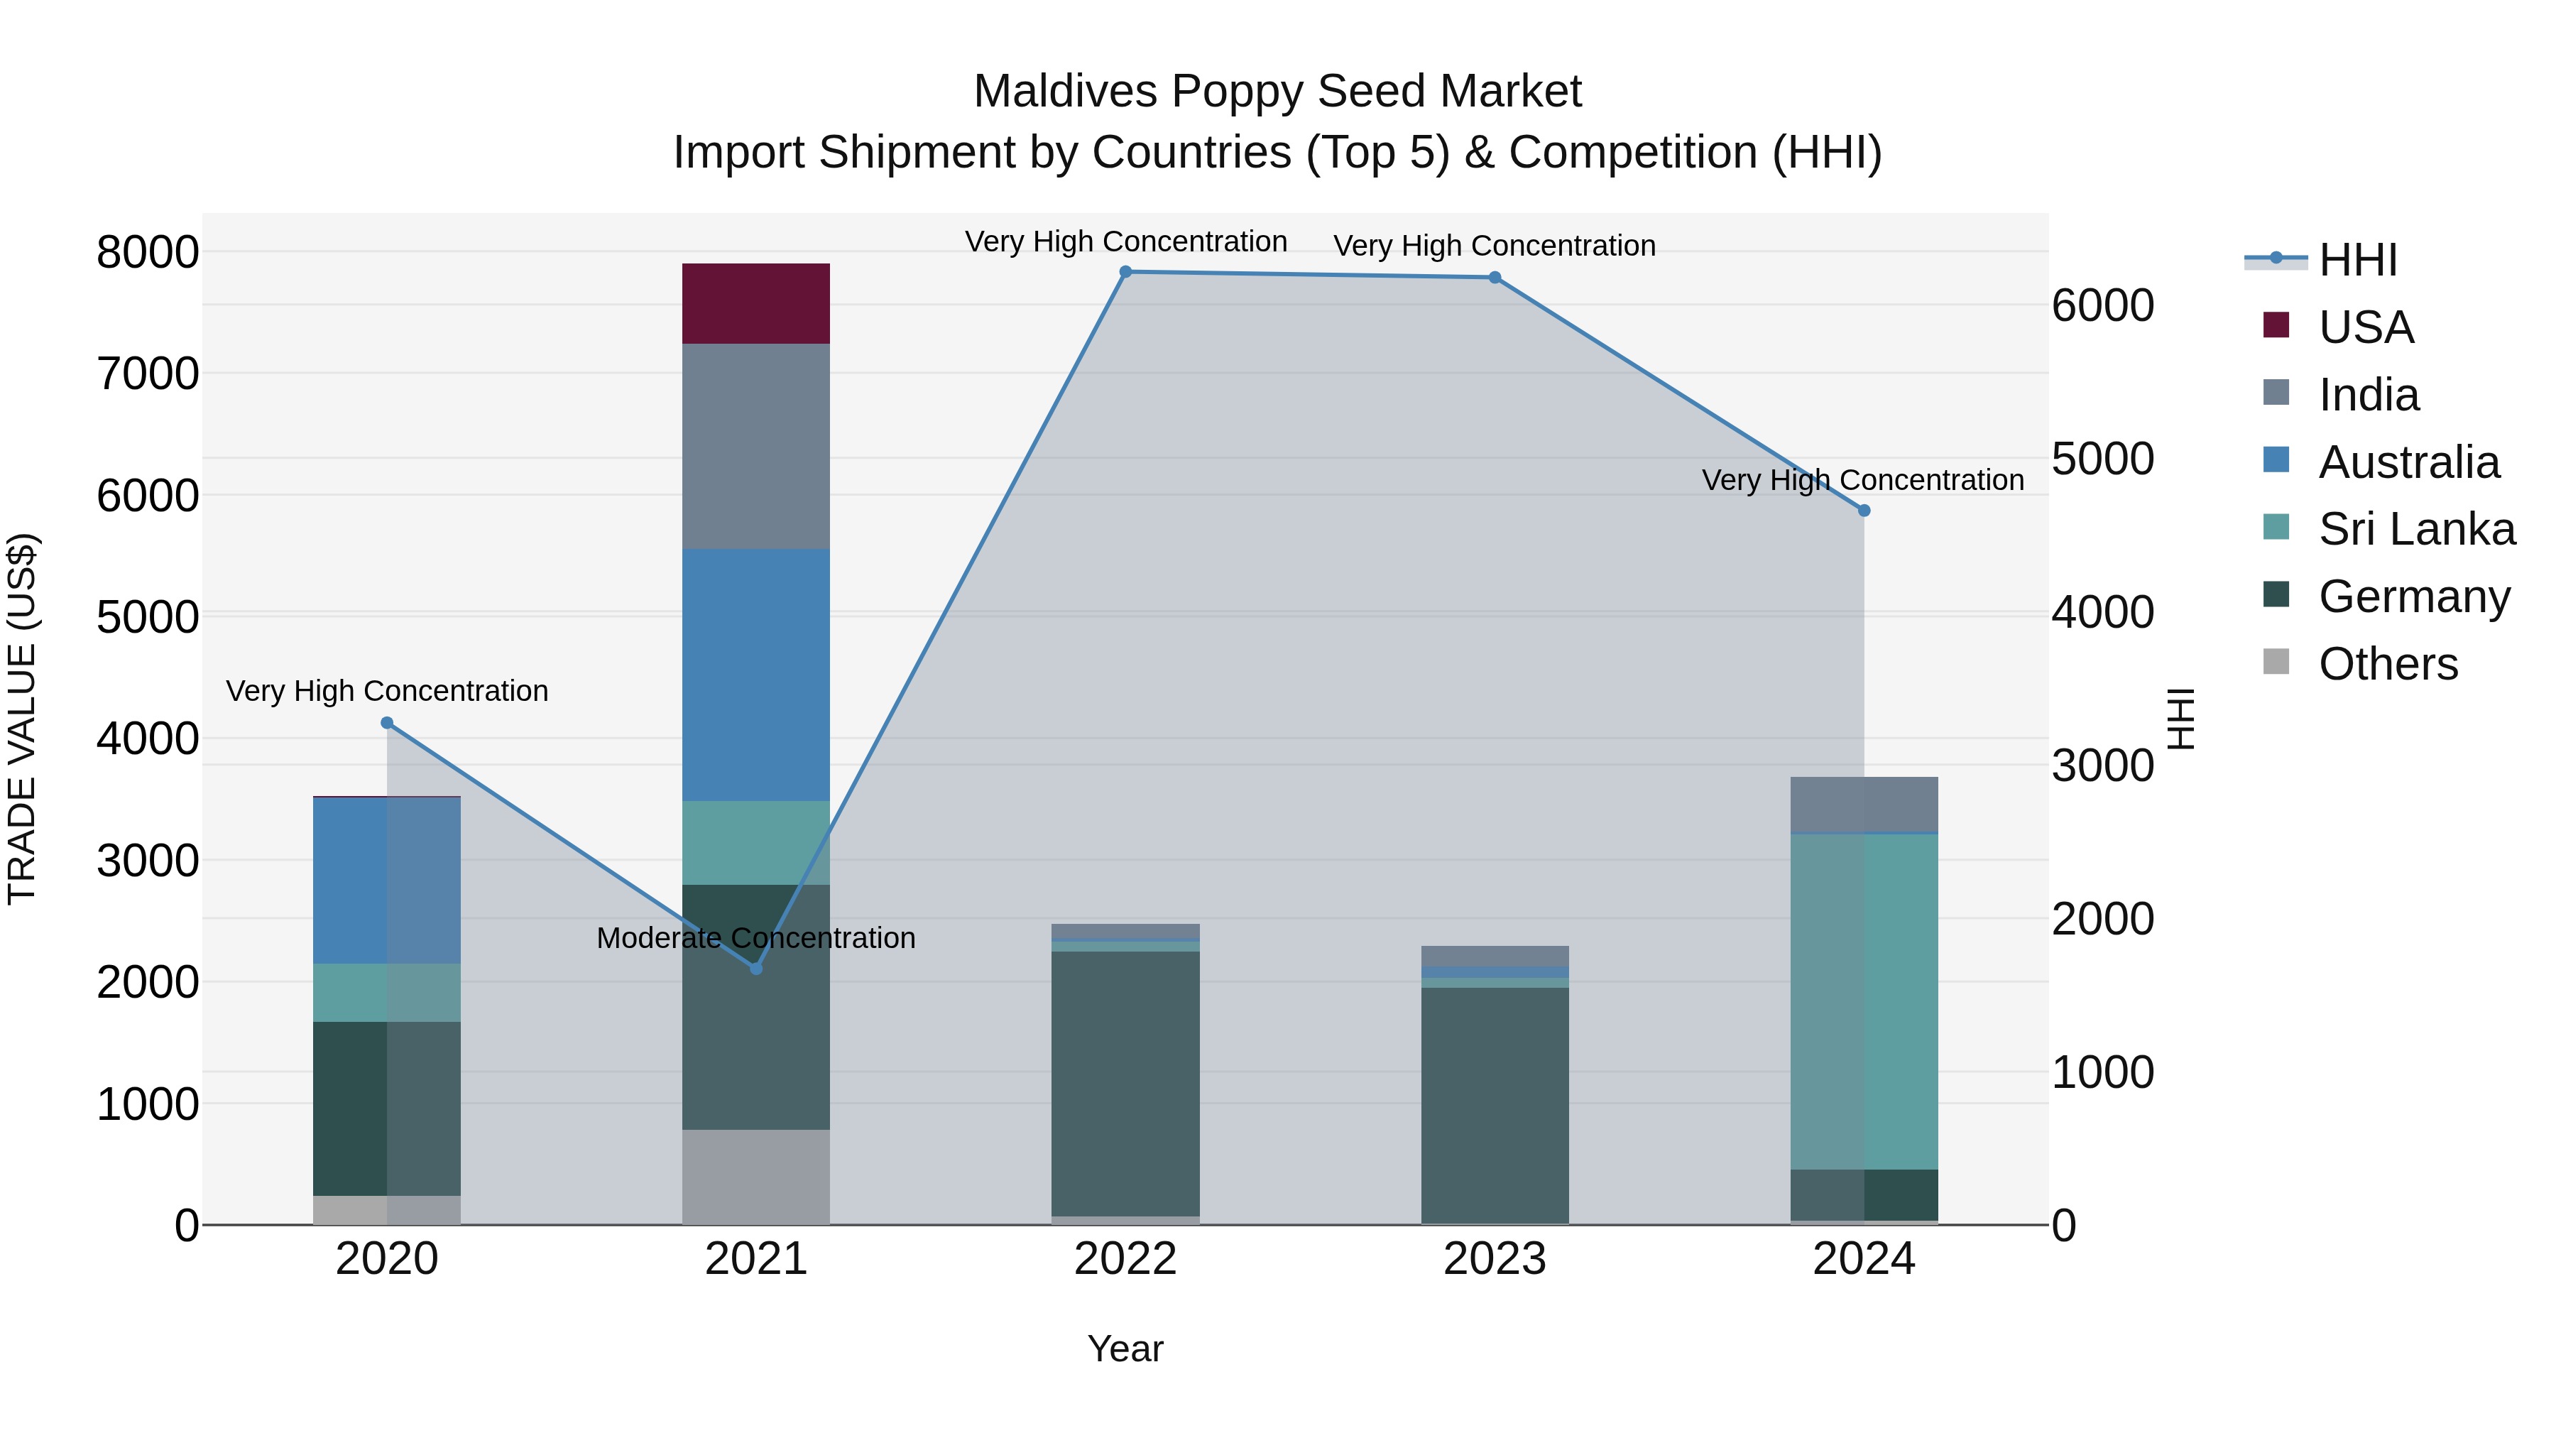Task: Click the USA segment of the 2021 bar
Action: point(755,304)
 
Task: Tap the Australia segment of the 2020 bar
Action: point(386,881)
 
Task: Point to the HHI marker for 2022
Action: point(1125,272)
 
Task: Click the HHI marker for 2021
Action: point(756,968)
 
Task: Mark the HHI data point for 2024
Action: point(1864,510)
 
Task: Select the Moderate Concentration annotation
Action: point(755,938)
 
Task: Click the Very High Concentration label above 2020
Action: point(387,691)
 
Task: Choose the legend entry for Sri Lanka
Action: point(2415,529)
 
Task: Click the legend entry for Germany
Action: point(2413,597)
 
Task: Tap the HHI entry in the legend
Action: point(2356,260)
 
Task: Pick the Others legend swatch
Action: point(2276,662)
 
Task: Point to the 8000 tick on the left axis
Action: point(147,252)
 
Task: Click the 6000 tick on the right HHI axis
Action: point(2102,305)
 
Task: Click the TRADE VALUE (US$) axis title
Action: point(22,719)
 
